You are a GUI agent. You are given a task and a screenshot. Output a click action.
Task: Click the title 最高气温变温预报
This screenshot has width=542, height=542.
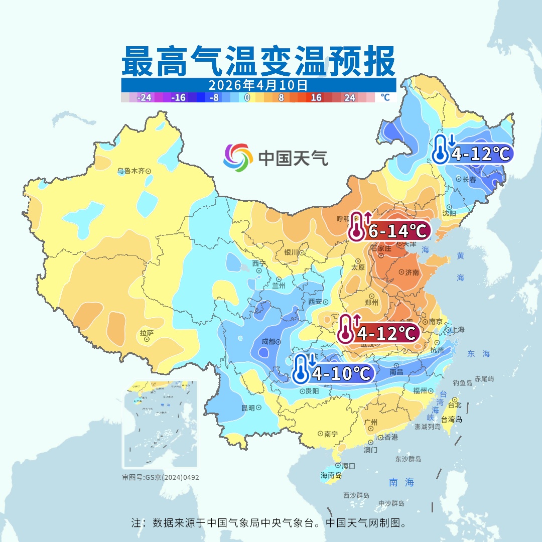258,61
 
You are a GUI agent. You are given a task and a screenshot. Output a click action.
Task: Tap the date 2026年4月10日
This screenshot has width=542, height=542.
258,84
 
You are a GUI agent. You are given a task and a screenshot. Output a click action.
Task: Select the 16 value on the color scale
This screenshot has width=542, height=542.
316,98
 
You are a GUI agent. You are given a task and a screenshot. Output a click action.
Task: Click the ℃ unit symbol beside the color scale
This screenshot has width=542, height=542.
385,97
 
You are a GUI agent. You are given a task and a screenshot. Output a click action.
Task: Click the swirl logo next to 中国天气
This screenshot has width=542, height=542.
238,157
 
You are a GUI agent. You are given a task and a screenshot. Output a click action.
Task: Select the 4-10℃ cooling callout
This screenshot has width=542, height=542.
334,373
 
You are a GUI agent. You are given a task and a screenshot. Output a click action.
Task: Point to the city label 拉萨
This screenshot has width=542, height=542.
146,333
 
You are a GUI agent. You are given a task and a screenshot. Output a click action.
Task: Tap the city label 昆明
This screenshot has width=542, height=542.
248,408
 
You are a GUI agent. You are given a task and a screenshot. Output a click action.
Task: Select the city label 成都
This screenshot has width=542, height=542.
268,342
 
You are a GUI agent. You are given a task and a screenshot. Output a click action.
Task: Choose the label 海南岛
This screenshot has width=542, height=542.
331,475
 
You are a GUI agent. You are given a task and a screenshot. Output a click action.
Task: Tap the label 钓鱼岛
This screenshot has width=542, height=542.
462,383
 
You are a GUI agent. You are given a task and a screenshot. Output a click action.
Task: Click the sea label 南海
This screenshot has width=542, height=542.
401,482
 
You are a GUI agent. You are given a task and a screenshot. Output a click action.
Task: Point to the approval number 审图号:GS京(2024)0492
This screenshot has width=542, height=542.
161,477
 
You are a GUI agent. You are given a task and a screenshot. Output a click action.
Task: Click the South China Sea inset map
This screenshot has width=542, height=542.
161,425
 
